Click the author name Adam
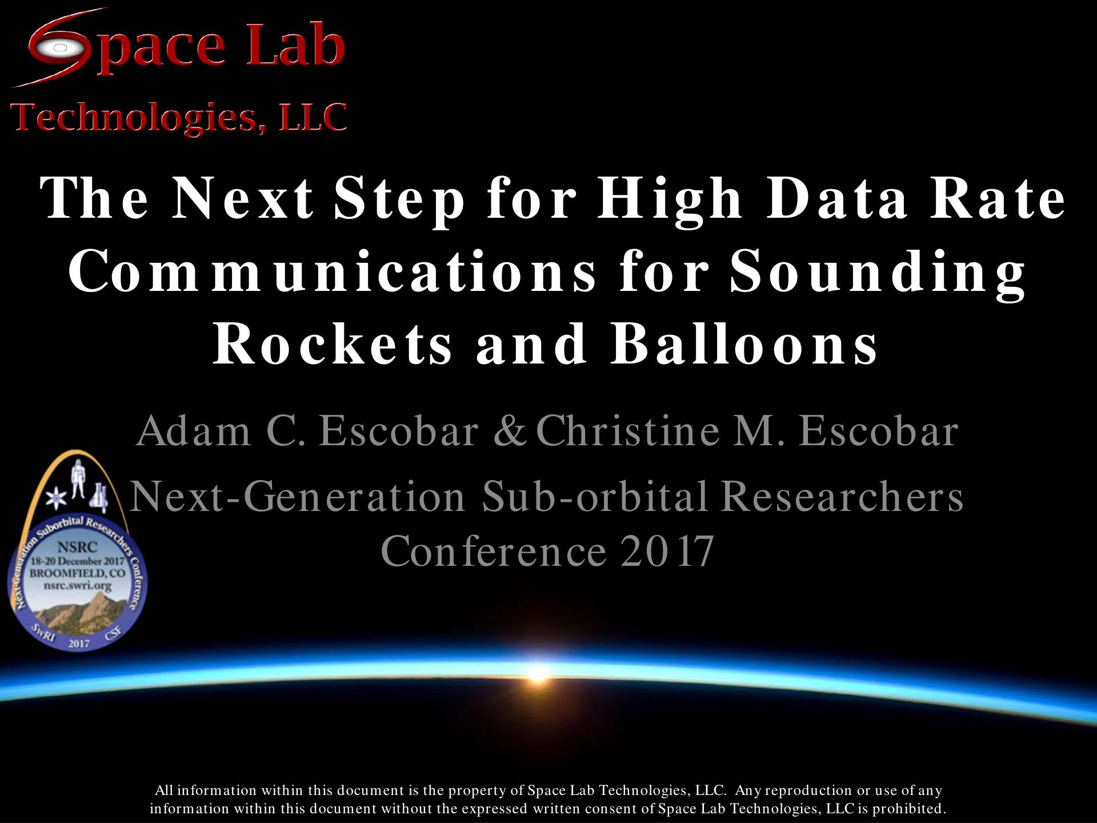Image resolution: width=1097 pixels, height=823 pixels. coord(194,431)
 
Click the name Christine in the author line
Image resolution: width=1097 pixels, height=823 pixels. coord(628,431)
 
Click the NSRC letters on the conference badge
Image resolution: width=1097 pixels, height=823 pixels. coord(78,547)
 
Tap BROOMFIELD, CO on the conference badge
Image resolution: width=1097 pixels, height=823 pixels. coord(78,573)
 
